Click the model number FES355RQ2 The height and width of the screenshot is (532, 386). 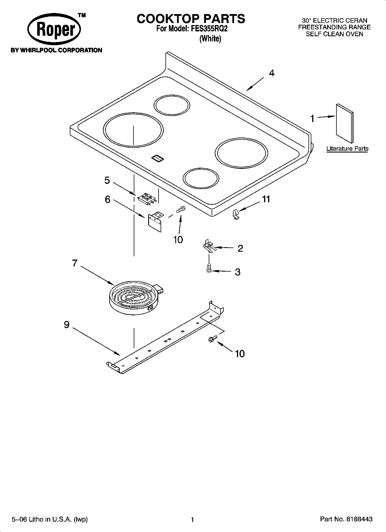[208, 29]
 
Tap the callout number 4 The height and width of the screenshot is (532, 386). [272, 73]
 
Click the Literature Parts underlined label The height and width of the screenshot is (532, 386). [347, 149]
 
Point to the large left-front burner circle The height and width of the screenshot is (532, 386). [133, 130]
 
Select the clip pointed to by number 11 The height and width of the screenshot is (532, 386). [236, 214]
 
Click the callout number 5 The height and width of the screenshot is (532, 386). [107, 180]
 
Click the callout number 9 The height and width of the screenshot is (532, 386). [67, 325]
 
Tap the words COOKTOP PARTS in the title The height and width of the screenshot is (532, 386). [191, 19]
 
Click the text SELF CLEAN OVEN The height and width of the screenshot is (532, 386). [334, 34]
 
